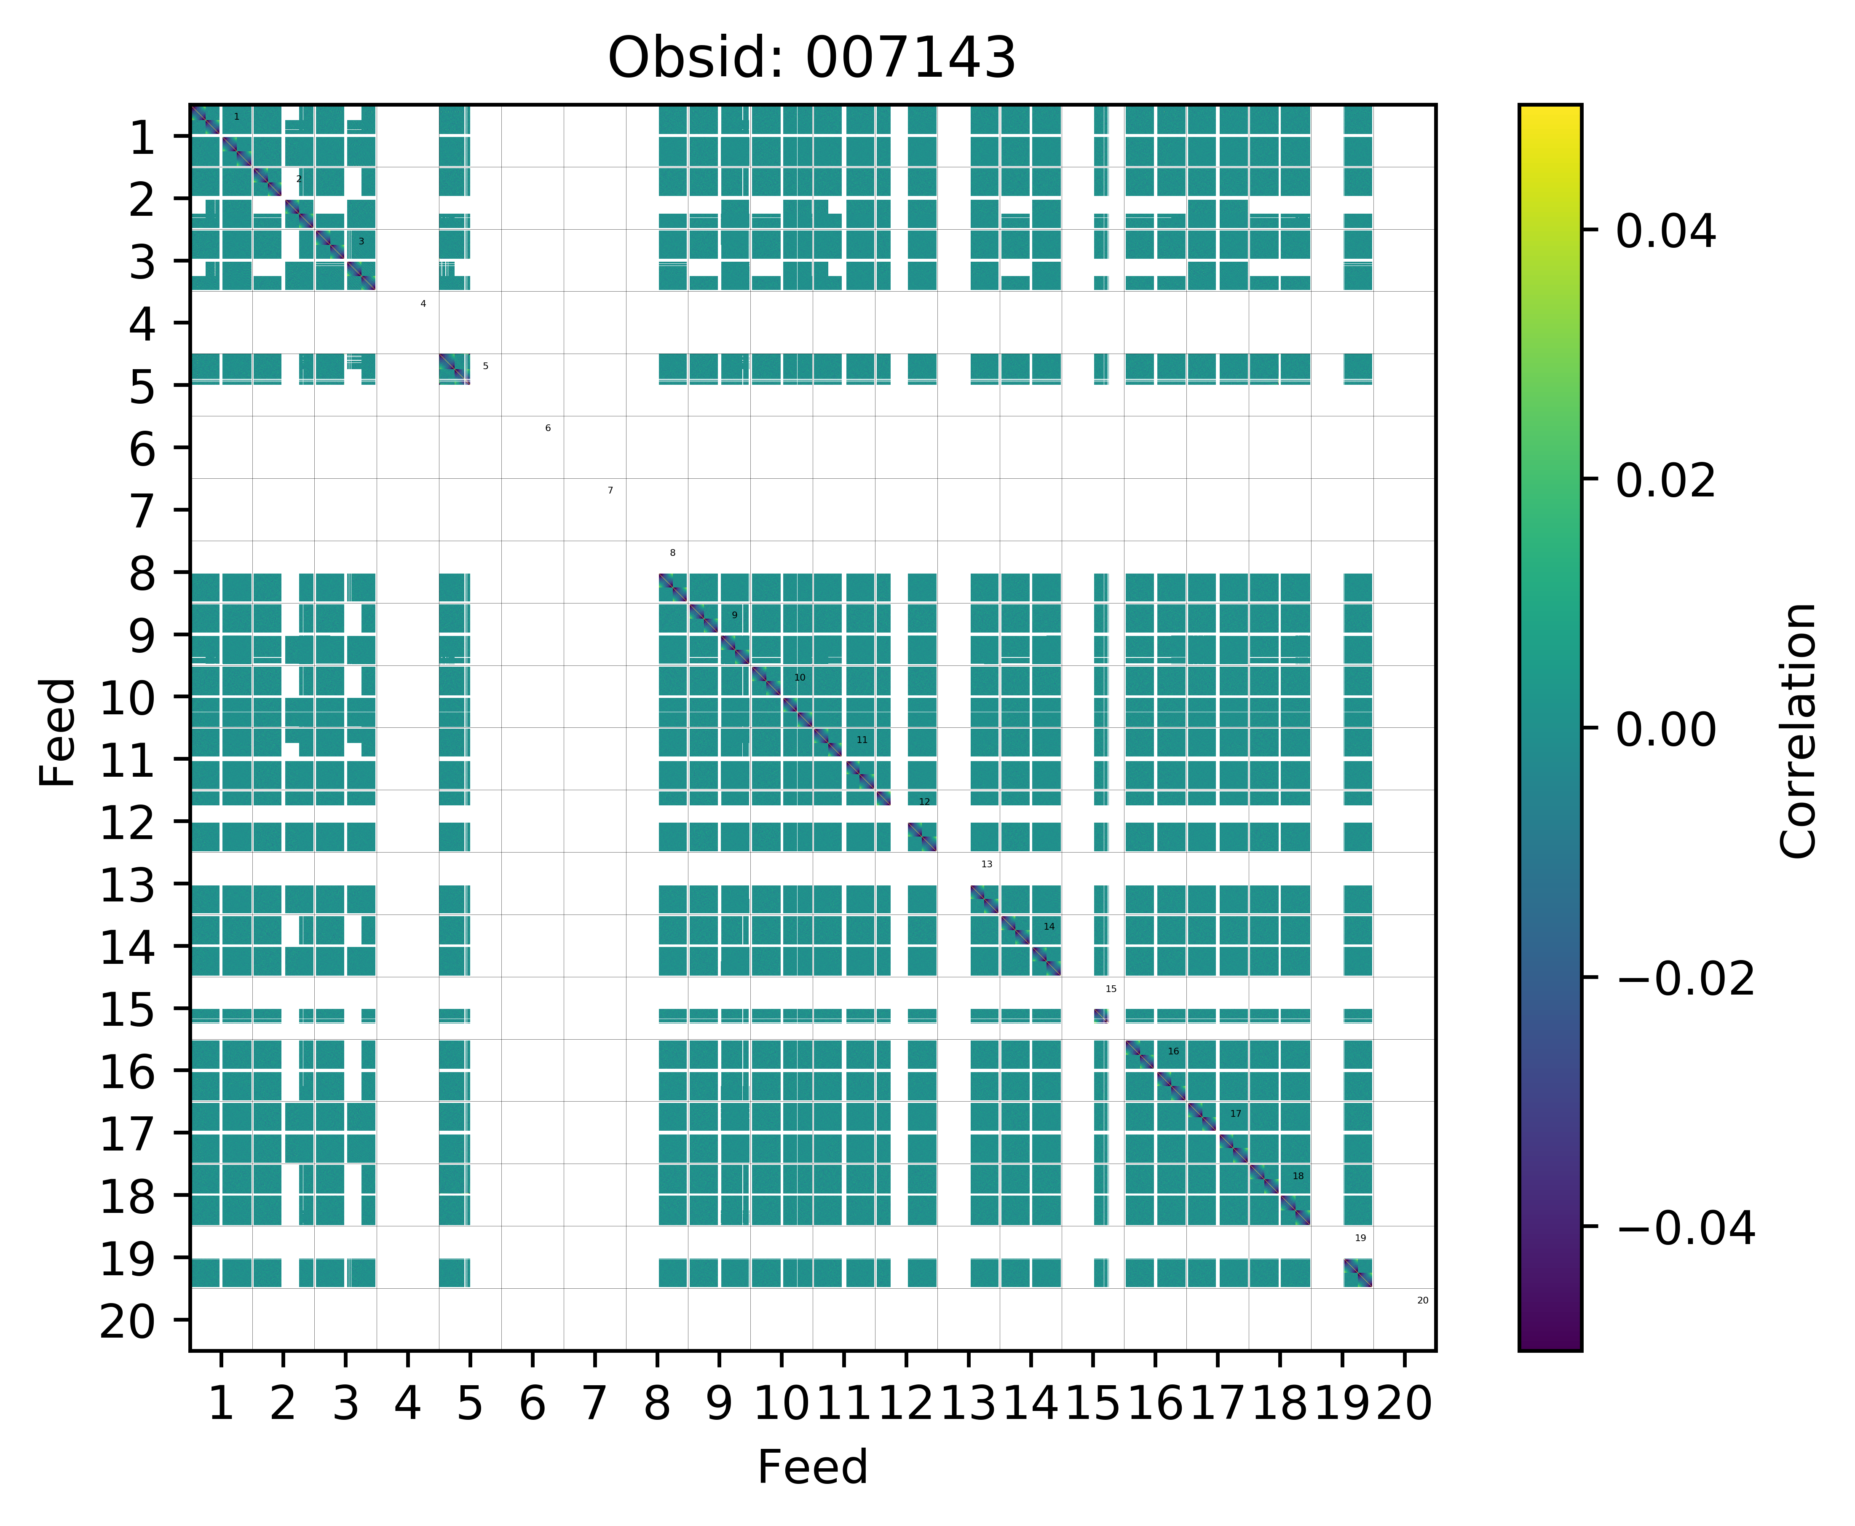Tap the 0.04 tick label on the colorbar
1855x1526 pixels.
click(x=1665, y=233)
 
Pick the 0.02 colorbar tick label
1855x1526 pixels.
click(x=1665, y=482)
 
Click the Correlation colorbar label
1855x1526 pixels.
click(x=1798, y=729)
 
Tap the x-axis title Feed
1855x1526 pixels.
click(x=812, y=1466)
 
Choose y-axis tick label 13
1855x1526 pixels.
click(x=129, y=886)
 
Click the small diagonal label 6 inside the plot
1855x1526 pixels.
click(x=547, y=428)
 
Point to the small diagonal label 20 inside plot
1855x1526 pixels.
click(x=1423, y=1300)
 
